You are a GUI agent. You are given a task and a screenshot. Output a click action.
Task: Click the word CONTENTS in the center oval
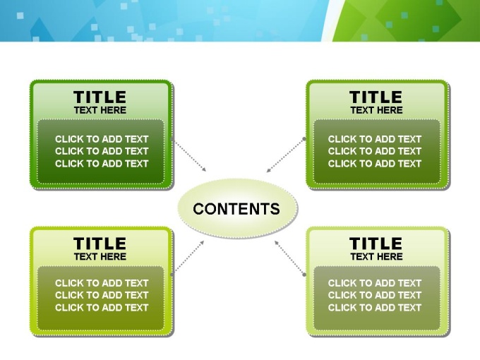point(236,209)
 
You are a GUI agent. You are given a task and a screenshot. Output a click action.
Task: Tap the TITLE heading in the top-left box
point(100,97)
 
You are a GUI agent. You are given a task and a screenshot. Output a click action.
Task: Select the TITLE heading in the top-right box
point(376,97)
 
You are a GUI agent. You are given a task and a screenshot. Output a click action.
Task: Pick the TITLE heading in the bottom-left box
point(100,244)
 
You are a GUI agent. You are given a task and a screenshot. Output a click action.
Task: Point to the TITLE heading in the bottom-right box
point(376,244)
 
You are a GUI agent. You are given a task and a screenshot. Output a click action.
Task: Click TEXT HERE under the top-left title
point(100,110)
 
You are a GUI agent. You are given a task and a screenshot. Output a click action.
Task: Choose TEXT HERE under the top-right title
point(376,110)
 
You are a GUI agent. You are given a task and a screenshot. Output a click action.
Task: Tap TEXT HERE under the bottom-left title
point(100,256)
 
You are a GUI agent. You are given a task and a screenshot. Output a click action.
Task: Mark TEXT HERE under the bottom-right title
point(376,256)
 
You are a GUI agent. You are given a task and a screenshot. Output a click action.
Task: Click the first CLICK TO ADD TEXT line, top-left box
point(102,139)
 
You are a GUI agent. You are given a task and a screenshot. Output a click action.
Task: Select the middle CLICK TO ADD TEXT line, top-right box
point(375,151)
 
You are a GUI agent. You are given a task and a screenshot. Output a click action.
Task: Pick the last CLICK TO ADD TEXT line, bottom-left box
point(102,307)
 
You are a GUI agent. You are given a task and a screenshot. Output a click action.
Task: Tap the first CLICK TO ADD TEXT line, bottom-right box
point(375,283)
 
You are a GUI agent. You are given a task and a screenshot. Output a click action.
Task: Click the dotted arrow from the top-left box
point(189,155)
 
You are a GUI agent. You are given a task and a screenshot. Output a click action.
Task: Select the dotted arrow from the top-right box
point(285,155)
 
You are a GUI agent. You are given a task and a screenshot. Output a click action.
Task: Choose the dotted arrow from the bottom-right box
point(289,258)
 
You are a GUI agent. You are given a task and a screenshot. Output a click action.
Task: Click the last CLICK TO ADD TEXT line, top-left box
point(102,164)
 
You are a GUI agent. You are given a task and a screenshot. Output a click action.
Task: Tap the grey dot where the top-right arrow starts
point(304,138)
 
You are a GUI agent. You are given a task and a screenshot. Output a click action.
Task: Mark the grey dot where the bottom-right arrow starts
point(304,275)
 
